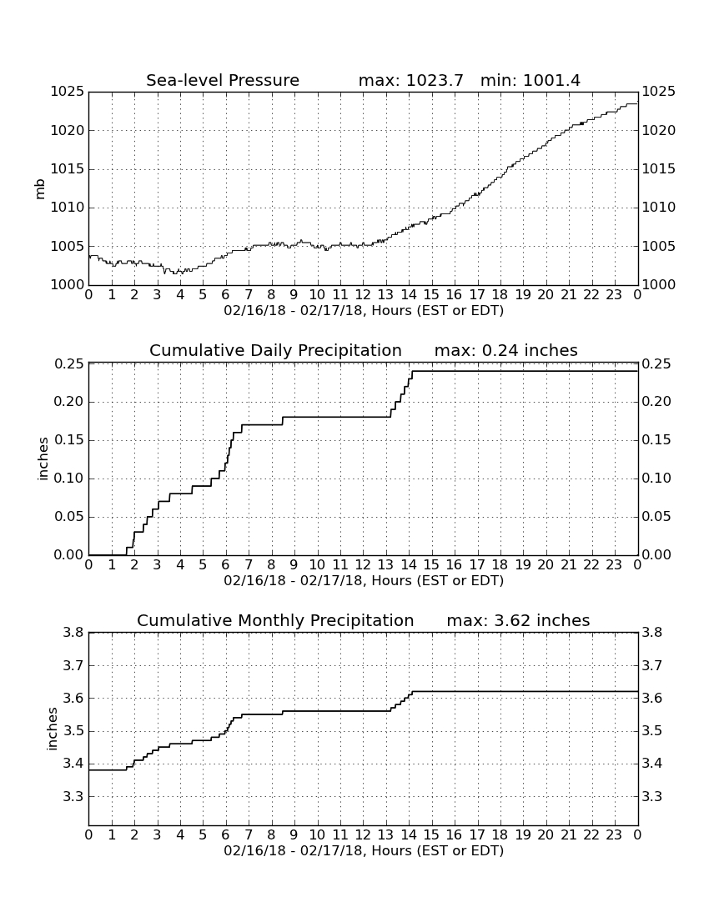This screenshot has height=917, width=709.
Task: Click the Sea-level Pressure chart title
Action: tap(223, 80)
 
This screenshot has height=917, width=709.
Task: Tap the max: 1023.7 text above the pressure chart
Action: tap(410, 80)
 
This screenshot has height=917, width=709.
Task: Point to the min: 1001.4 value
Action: tap(530, 80)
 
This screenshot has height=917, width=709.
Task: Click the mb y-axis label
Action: tap(40, 188)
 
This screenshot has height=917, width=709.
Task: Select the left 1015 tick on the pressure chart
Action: tap(68, 169)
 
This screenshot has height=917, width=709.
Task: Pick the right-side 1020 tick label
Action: tap(659, 130)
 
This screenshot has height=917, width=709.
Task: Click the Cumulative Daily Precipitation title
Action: tap(275, 350)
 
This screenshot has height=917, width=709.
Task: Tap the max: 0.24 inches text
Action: tap(506, 350)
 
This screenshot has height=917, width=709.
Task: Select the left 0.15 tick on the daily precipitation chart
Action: tap(69, 440)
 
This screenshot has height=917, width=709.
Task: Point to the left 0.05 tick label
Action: tap(69, 517)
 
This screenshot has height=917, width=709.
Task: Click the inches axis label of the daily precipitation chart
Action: tap(42, 459)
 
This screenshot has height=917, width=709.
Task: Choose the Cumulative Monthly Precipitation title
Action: tap(275, 620)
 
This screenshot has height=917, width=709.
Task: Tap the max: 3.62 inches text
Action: tap(518, 620)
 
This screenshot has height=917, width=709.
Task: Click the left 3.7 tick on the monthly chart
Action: tap(74, 665)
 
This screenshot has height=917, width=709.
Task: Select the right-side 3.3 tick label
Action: tap(652, 796)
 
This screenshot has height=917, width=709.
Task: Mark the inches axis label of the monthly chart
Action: tap(52, 729)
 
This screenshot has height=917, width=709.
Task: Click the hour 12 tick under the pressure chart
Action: tap(363, 295)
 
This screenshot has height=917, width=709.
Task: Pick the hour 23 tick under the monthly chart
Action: tap(614, 834)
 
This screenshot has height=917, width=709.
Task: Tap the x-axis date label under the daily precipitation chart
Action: tap(364, 581)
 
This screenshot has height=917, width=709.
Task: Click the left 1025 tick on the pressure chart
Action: tap(68, 92)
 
